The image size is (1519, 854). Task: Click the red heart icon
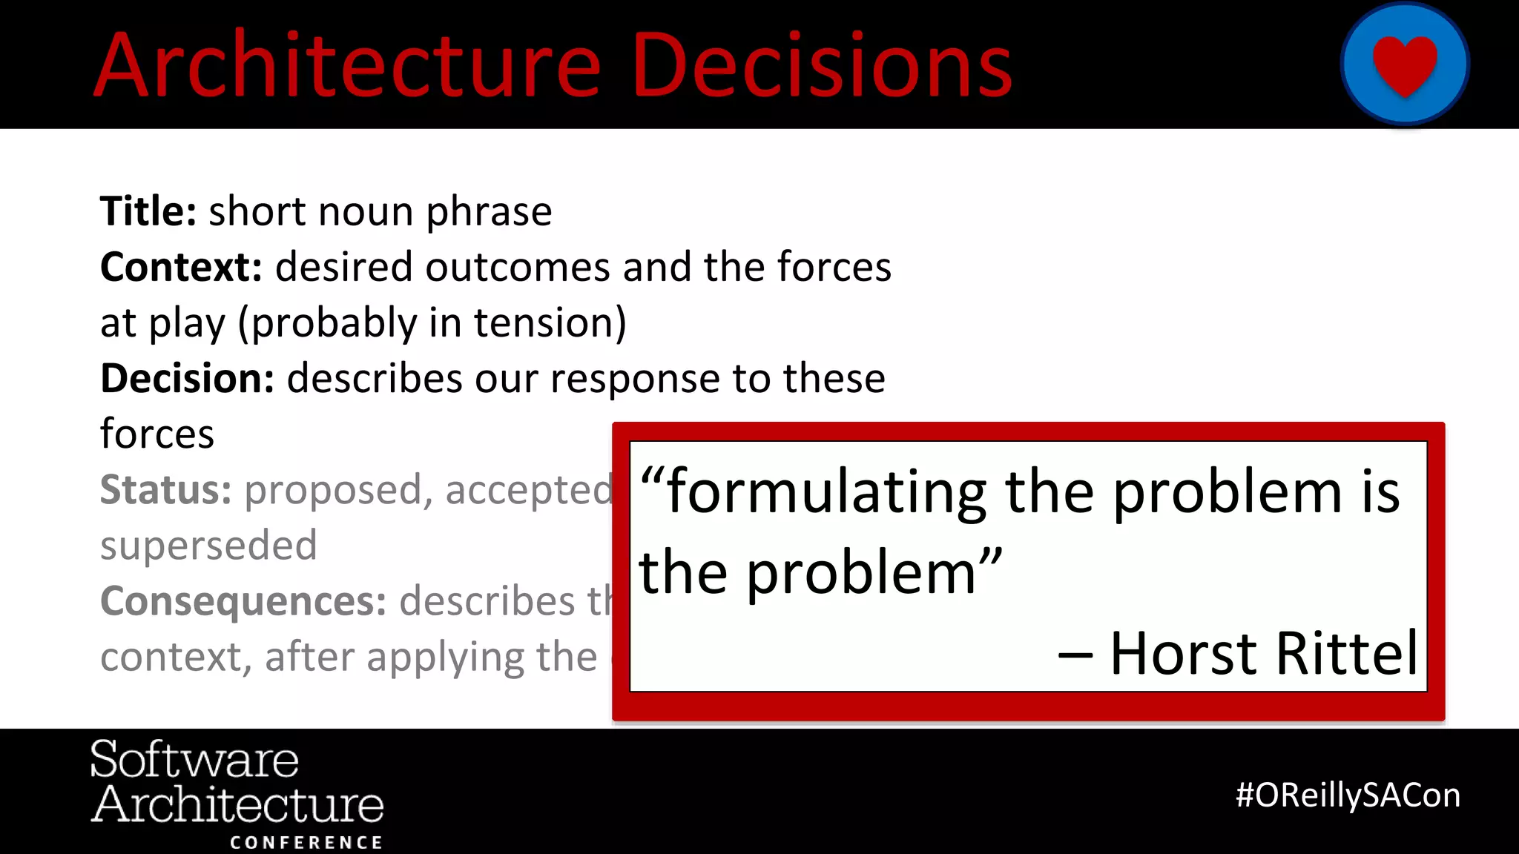pyautogui.click(x=1405, y=65)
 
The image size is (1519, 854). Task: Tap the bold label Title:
pyautogui.click(x=148, y=211)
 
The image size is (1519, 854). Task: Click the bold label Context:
pyautogui.click(x=181, y=267)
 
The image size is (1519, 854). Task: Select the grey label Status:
pyautogui.click(x=165, y=489)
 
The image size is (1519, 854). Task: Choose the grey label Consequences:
pyautogui.click(x=243, y=600)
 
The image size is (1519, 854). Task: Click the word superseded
pyautogui.click(x=208, y=546)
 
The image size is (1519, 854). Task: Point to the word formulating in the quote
pyautogui.click(x=826, y=493)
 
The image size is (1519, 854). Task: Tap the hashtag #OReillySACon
pyautogui.click(x=1348, y=795)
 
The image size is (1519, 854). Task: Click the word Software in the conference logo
pyautogui.click(x=194, y=759)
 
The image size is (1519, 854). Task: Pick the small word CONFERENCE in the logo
pyautogui.click(x=306, y=843)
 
